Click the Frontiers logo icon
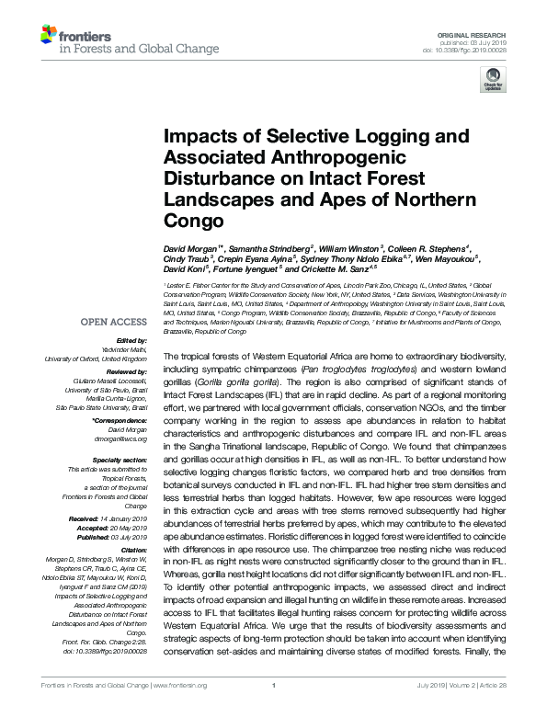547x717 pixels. (49, 36)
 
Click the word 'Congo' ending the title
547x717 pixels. (193, 222)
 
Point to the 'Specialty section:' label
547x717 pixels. (119, 459)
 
